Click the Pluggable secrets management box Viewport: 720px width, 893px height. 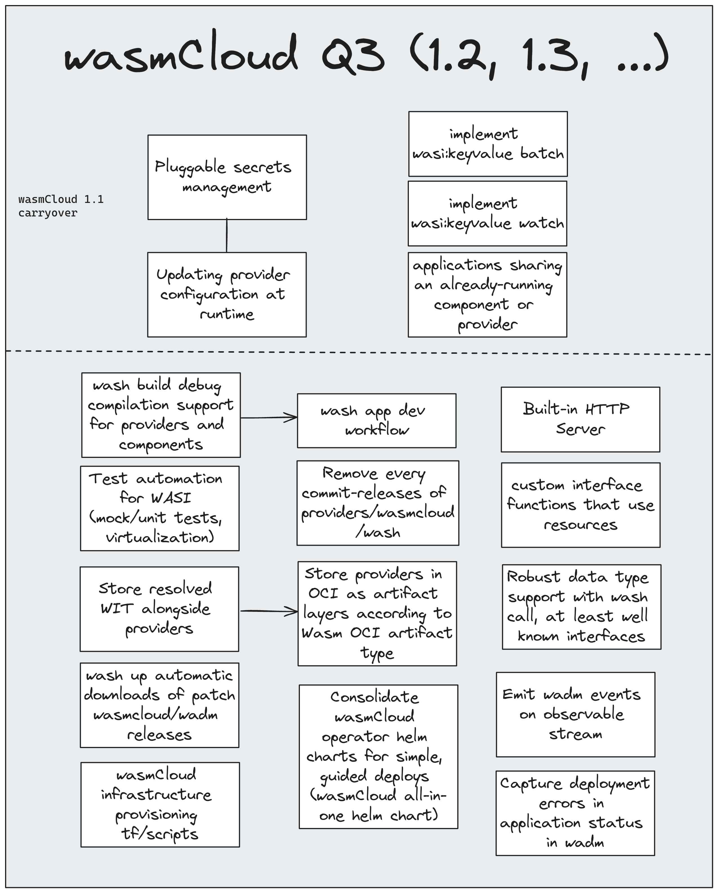227,177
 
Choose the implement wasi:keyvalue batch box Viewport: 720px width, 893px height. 488,144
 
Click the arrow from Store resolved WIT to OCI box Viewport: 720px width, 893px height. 269,611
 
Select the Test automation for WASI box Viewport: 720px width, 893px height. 160,508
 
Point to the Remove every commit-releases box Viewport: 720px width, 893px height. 377,503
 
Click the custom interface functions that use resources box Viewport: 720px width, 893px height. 580,505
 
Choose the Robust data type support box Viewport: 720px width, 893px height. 581,606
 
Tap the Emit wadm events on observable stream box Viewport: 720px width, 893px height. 575,714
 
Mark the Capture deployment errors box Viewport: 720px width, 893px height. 575,813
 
